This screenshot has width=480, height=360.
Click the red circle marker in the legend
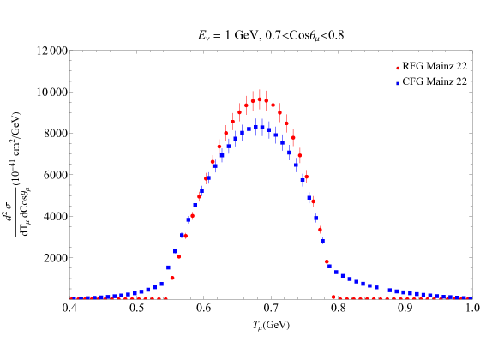(x=397, y=68)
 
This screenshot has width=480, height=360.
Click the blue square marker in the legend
(x=397, y=83)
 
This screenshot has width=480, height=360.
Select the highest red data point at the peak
(x=260, y=99)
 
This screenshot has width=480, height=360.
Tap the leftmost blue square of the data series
(x=73, y=298)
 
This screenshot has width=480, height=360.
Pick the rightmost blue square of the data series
(x=470, y=298)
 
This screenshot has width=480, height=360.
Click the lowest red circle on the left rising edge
(x=172, y=278)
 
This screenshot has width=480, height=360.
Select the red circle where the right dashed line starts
(x=333, y=297)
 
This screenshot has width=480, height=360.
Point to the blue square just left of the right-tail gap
(x=376, y=287)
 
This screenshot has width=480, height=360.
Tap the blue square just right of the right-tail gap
(x=390, y=291)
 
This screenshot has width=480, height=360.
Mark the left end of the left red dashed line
(x=71, y=298)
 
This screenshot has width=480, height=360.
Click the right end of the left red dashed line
(x=167, y=298)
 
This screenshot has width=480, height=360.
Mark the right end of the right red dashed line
(x=471, y=298)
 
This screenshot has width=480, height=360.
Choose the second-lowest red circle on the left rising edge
(x=179, y=256)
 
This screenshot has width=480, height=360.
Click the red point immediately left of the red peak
(x=253, y=100)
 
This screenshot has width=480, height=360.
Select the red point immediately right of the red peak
(x=267, y=101)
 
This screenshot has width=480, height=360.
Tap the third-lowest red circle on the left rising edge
(x=185, y=236)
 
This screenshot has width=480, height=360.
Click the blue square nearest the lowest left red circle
(x=169, y=267)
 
